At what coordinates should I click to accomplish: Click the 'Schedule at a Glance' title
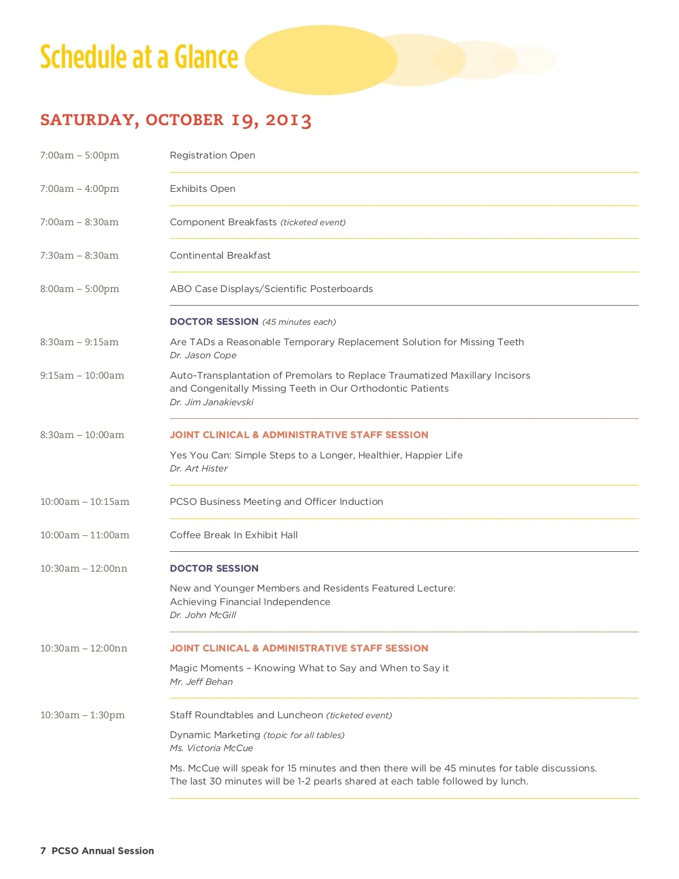[139, 57]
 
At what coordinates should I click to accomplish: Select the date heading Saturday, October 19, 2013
[175, 120]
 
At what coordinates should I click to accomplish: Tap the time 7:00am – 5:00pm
[80, 155]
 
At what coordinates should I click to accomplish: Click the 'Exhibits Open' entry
[203, 188]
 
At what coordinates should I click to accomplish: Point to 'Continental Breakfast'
[220, 255]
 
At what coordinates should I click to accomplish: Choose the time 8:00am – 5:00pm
[80, 289]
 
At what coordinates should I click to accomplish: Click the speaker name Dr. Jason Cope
[203, 355]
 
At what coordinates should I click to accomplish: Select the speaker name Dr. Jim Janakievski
[212, 402]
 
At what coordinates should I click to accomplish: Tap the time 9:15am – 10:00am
[82, 375]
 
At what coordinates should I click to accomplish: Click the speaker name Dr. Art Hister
[199, 468]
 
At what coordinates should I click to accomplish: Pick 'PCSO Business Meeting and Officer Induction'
[276, 501]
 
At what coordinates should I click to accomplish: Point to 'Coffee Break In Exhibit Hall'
[234, 535]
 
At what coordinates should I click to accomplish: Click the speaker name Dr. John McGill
[203, 615]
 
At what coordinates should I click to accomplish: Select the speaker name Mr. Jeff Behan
[201, 681]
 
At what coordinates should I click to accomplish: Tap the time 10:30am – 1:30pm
[83, 715]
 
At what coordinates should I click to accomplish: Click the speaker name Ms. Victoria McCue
[211, 748]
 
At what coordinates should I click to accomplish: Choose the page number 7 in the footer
[43, 851]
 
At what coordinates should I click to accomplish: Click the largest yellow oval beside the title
[321, 59]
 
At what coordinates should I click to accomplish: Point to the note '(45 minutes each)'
[299, 322]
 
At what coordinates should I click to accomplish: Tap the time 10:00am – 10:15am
[85, 501]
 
